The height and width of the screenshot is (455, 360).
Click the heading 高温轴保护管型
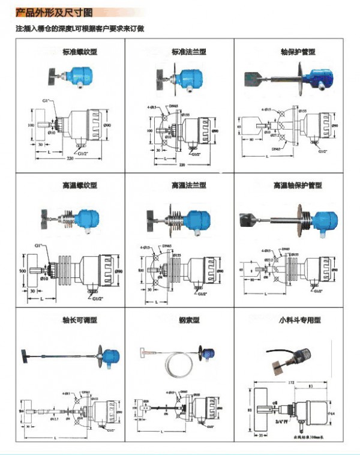coord(298,186)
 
